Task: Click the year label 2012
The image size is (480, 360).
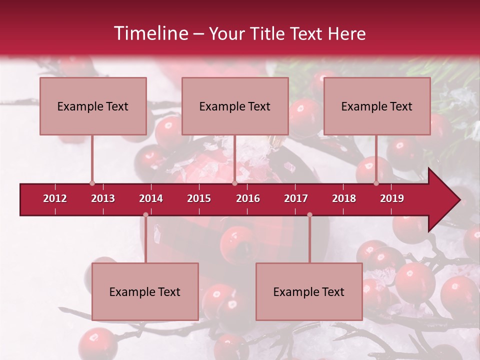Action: pos(55,198)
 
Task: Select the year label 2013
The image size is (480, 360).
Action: pos(103,198)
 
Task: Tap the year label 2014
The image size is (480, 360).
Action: pos(151,198)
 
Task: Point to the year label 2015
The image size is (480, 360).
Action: pos(199,198)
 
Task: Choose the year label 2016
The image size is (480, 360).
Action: pos(248,198)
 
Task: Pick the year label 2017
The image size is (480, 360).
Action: pos(296,198)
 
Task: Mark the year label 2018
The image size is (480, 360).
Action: pos(344,198)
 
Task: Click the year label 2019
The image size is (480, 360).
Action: pos(392,198)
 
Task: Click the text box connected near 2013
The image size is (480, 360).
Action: pos(93,106)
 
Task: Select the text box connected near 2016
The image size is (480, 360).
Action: pos(235,106)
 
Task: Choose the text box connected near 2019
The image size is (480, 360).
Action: pos(377,106)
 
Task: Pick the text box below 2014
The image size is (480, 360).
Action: pos(145,291)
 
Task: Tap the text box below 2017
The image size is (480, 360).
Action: pos(309,291)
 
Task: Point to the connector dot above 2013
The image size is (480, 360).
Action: pos(92,183)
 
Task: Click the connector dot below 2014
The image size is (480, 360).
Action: pos(145,215)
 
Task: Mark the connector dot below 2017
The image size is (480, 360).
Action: pos(309,215)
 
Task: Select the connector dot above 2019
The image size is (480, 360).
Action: pos(376,183)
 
